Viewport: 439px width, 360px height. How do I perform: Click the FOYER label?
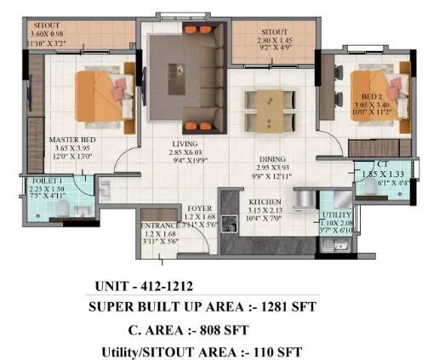[x=202, y=207]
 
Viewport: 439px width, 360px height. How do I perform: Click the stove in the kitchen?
[x=229, y=224]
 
